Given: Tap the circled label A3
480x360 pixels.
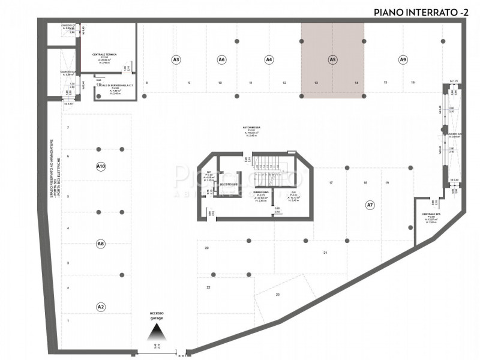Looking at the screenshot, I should (x=176, y=59).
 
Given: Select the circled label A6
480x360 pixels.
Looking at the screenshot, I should (x=221, y=59).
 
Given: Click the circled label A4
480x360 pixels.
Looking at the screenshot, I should (x=269, y=59).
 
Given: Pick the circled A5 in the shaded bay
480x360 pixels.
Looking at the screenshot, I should (x=332, y=59).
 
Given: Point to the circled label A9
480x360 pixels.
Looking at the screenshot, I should (x=403, y=59).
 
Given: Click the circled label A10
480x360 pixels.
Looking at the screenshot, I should (x=101, y=166).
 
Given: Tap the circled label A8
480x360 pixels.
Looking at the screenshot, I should (x=101, y=244).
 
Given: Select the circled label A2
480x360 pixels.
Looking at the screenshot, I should (x=101, y=307).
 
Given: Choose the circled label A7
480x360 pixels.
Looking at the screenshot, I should (x=370, y=205).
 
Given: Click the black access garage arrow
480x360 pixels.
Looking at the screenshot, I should (x=157, y=332).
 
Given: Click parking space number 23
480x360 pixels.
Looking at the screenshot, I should (x=278, y=295).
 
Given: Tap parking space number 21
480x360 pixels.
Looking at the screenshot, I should (x=325, y=253).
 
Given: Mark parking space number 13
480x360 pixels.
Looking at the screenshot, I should (x=316, y=82).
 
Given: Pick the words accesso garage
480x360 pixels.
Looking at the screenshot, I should (x=157, y=316).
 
